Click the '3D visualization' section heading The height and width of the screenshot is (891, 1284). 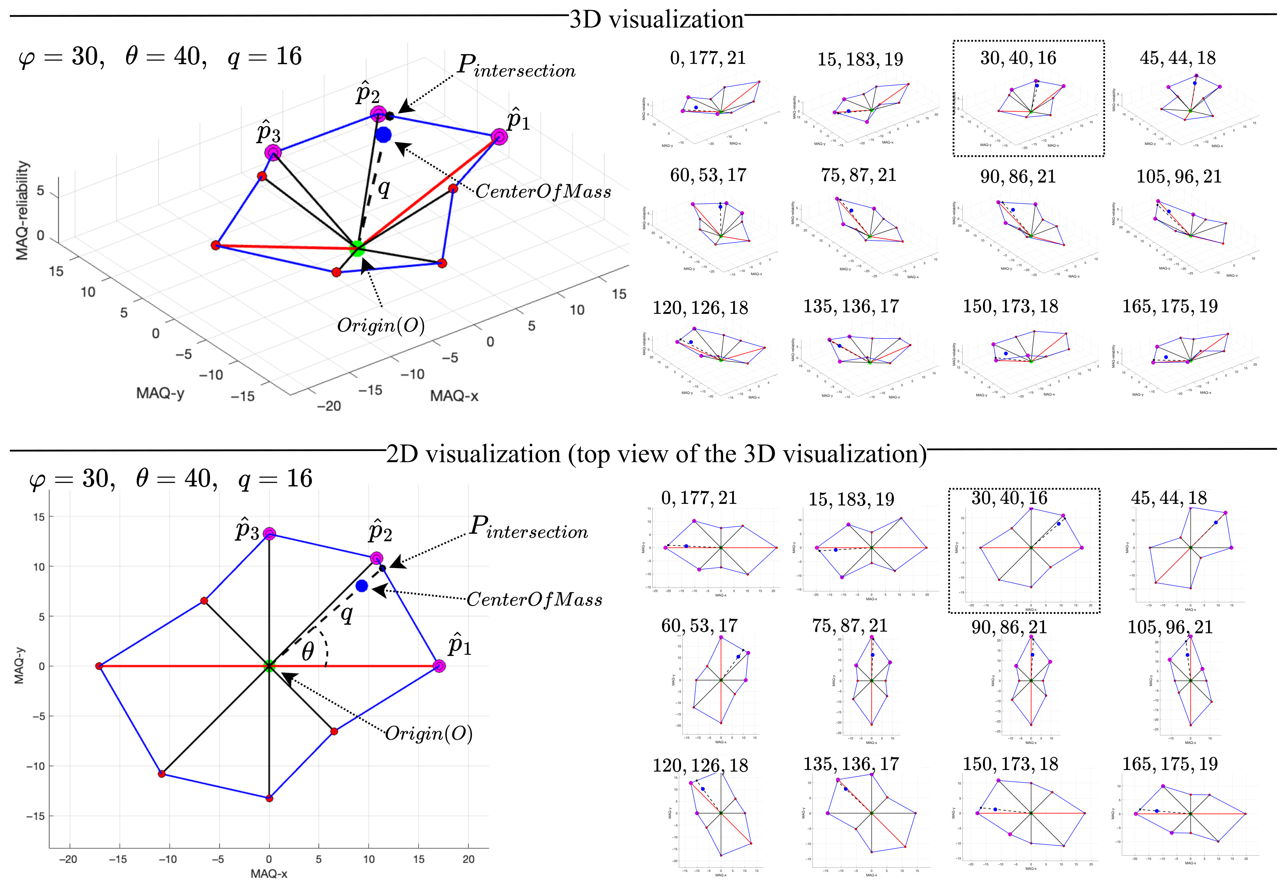coord(656,19)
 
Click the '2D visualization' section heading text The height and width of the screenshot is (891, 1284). coord(656,454)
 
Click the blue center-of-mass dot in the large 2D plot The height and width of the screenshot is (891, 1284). coord(362,586)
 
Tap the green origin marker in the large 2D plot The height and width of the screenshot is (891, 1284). coord(269,666)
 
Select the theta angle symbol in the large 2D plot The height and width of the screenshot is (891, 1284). coord(307,651)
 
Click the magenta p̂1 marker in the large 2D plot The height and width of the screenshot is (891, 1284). coord(439,666)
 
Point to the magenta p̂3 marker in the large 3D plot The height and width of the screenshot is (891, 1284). coord(273,152)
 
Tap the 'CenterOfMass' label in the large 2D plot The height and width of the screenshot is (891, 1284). coord(534,600)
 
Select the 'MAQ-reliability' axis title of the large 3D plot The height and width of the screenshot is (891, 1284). coord(22,210)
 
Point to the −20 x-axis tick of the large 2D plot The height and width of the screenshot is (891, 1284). coord(68,859)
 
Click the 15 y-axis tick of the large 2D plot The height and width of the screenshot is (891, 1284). coord(39,517)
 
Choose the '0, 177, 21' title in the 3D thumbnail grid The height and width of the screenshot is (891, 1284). coord(708,58)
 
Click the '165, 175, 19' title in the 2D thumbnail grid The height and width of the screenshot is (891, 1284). coord(1170,764)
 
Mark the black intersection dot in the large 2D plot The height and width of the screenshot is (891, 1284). coord(382,568)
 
